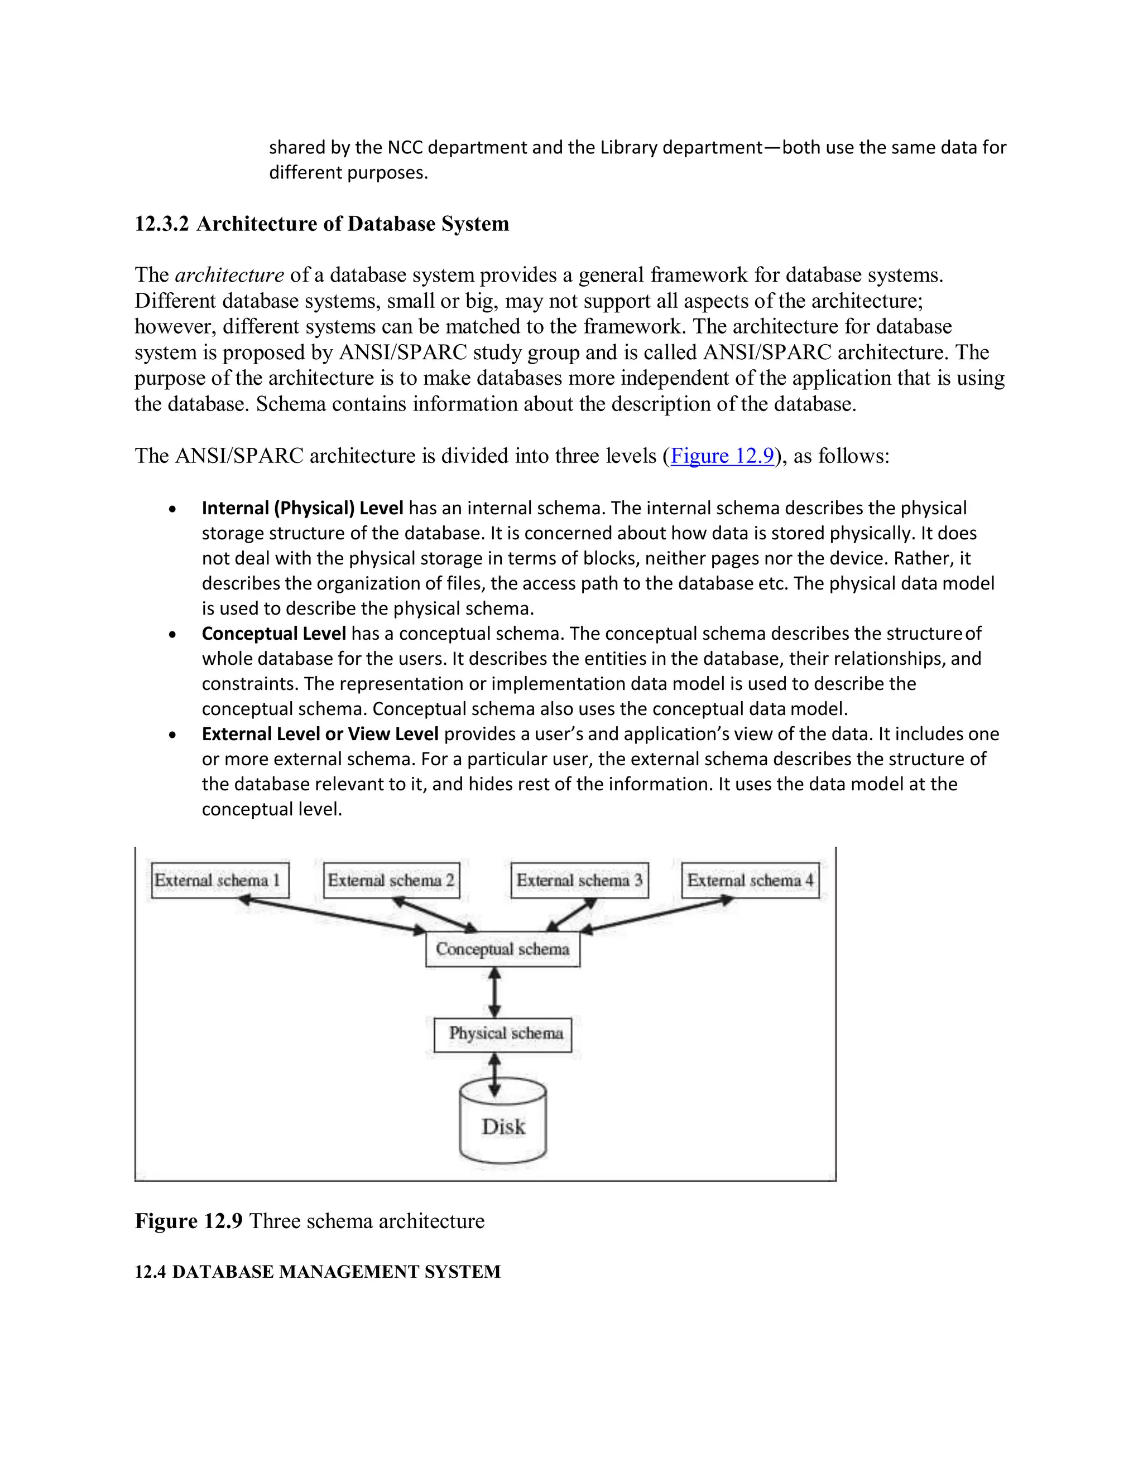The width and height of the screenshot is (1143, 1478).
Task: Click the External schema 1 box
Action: [220, 880]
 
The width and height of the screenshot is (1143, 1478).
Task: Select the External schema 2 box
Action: [391, 880]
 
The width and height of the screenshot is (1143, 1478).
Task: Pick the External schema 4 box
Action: [750, 880]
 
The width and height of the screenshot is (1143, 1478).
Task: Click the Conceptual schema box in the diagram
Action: [502, 949]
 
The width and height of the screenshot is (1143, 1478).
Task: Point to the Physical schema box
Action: [502, 1034]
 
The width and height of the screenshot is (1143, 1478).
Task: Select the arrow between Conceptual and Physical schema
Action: [495, 992]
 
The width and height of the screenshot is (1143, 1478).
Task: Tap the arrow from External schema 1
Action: [332, 916]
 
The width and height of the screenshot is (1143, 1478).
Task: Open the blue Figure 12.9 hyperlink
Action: [722, 456]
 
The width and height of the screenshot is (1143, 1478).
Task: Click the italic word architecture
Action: [229, 275]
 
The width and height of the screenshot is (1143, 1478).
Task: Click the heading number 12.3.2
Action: [162, 224]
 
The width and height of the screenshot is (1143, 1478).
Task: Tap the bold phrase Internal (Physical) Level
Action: [302, 508]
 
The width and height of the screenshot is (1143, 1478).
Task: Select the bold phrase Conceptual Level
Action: [273, 634]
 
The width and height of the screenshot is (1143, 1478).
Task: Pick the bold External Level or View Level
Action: [320, 735]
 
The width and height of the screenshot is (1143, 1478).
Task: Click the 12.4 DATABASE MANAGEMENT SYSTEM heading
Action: [318, 1272]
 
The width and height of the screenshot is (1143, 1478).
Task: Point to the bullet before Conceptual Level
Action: [174, 635]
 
